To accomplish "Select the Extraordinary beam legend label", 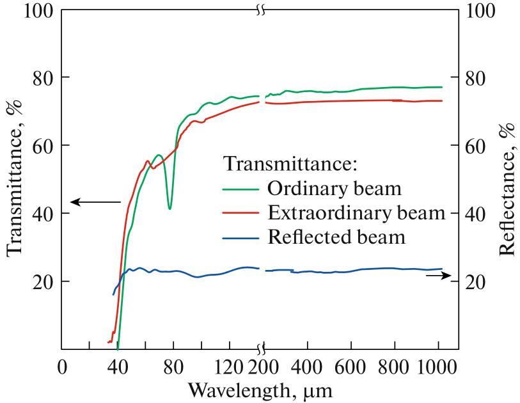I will (x=356, y=214).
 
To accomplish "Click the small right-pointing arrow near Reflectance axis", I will (x=438, y=275).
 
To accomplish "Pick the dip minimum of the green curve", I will (x=169, y=209).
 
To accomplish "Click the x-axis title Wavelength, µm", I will (x=260, y=389).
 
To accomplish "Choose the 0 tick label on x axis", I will (x=62, y=369).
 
